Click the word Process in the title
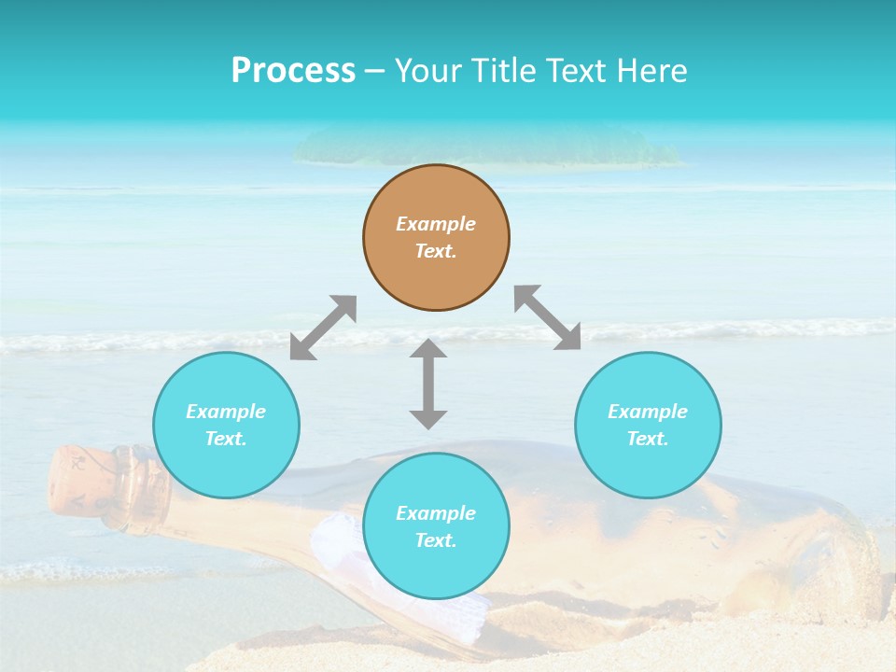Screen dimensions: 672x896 point(293,71)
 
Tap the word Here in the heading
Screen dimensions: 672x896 point(651,71)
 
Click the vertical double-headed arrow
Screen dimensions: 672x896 point(428,384)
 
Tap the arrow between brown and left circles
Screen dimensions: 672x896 point(323,328)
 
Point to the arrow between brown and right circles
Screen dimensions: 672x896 point(548,317)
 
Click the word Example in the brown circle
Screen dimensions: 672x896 point(436,224)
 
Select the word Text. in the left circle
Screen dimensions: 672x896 point(226,439)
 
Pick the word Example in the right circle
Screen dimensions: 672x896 point(648,412)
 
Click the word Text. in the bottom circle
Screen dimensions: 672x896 point(436,540)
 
